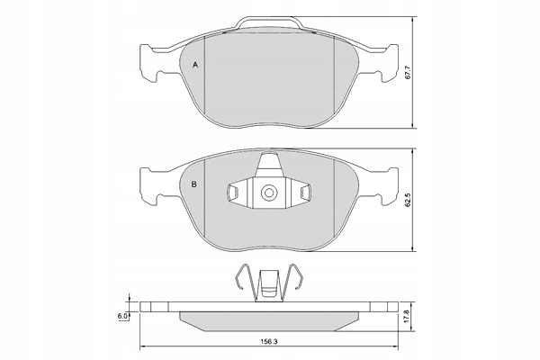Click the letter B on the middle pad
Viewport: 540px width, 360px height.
tap(194, 185)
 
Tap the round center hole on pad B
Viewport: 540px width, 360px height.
tap(269, 192)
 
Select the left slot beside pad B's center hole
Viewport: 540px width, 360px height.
tap(233, 192)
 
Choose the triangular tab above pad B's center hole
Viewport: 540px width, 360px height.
tap(269, 166)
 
